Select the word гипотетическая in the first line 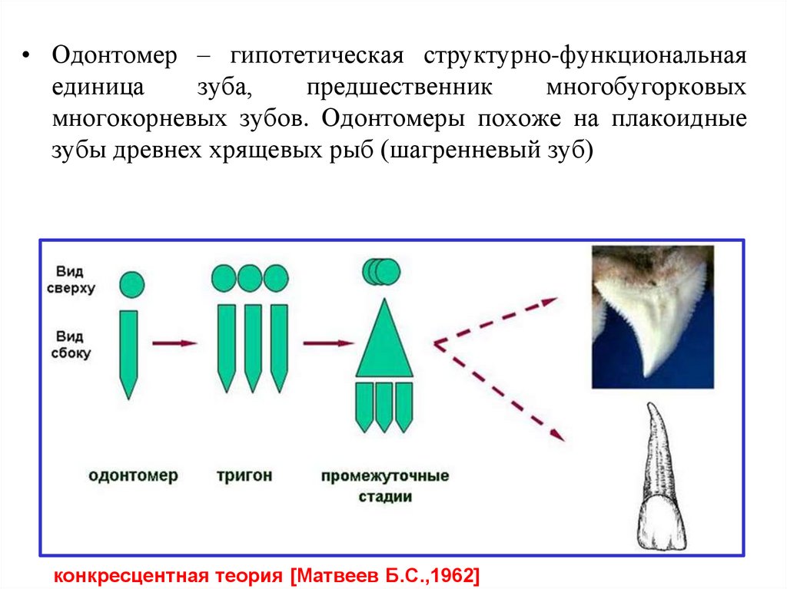313,57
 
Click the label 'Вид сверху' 75,280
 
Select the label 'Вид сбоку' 73,346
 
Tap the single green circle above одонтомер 131,284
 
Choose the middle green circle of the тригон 249,278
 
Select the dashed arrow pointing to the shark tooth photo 500,319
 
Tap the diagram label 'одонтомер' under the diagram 134,475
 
